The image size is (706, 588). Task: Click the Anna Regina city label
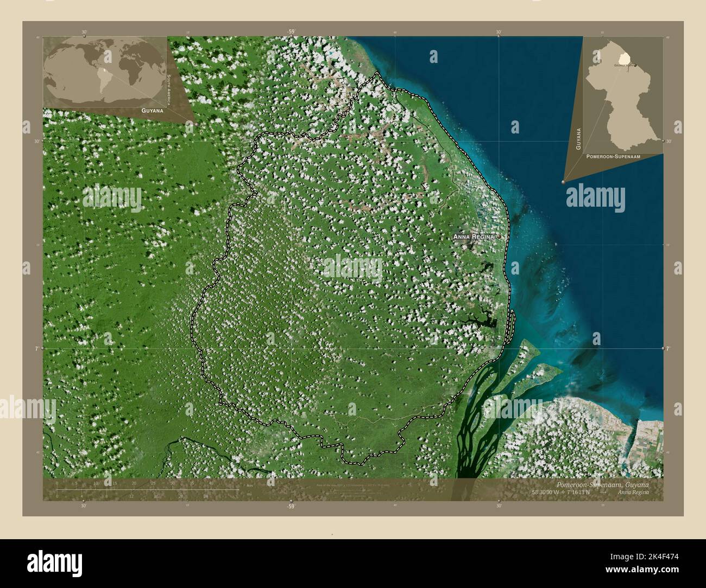(x=474, y=237)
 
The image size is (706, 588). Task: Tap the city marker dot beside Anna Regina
(x=497, y=237)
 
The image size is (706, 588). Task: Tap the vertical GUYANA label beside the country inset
(x=579, y=139)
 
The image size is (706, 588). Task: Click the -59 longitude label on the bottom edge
(x=291, y=506)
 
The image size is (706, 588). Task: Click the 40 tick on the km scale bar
(x=211, y=483)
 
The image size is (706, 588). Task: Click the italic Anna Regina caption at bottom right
(x=633, y=492)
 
